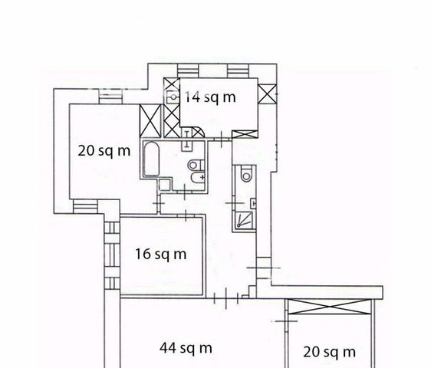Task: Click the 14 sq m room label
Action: coord(210,97)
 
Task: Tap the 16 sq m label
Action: coord(161,254)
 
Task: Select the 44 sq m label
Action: coord(186,348)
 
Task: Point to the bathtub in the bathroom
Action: coord(152,159)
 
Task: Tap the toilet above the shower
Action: coord(246,174)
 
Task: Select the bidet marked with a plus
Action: coord(198,177)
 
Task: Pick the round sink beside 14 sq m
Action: coord(173,97)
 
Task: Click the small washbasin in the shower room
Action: coord(253,204)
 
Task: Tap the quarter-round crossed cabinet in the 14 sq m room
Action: coord(198,133)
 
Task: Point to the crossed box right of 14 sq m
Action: coord(267,94)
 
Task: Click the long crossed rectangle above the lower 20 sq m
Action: coord(330,307)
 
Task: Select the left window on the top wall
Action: coord(188,71)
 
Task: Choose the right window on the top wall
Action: coord(238,71)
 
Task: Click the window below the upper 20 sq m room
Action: coord(85,206)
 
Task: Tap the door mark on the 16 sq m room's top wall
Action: coord(186,215)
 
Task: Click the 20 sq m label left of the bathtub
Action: coord(104,151)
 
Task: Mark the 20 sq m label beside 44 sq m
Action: coord(329,352)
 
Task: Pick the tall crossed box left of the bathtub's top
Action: coord(150,120)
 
